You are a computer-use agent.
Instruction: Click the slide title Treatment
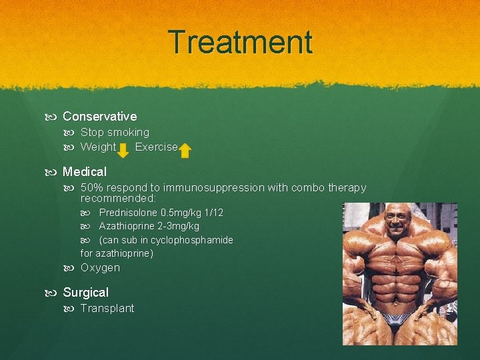pyautogui.click(x=240, y=42)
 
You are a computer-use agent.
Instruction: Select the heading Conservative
pyautogui.click(x=99, y=117)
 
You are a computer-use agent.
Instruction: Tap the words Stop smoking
pyautogui.click(x=115, y=133)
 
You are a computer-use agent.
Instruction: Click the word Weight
pyautogui.click(x=98, y=147)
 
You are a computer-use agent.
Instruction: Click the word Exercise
pyautogui.click(x=156, y=147)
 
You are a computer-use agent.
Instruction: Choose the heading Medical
pyautogui.click(x=85, y=171)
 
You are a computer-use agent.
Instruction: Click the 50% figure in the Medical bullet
pyautogui.click(x=92, y=188)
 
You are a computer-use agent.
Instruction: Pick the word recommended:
pyautogui.click(x=118, y=199)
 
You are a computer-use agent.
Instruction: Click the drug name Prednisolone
pyautogui.click(x=128, y=213)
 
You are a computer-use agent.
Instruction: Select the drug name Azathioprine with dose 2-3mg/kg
pyautogui.click(x=149, y=227)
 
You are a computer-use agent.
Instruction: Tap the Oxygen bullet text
pyautogui.click(x=100, y=268)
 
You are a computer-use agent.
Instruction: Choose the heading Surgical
pyautogui.click(x=85, y=293)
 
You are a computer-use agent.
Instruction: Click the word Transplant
pyautogui.click(x=107, y=309)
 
